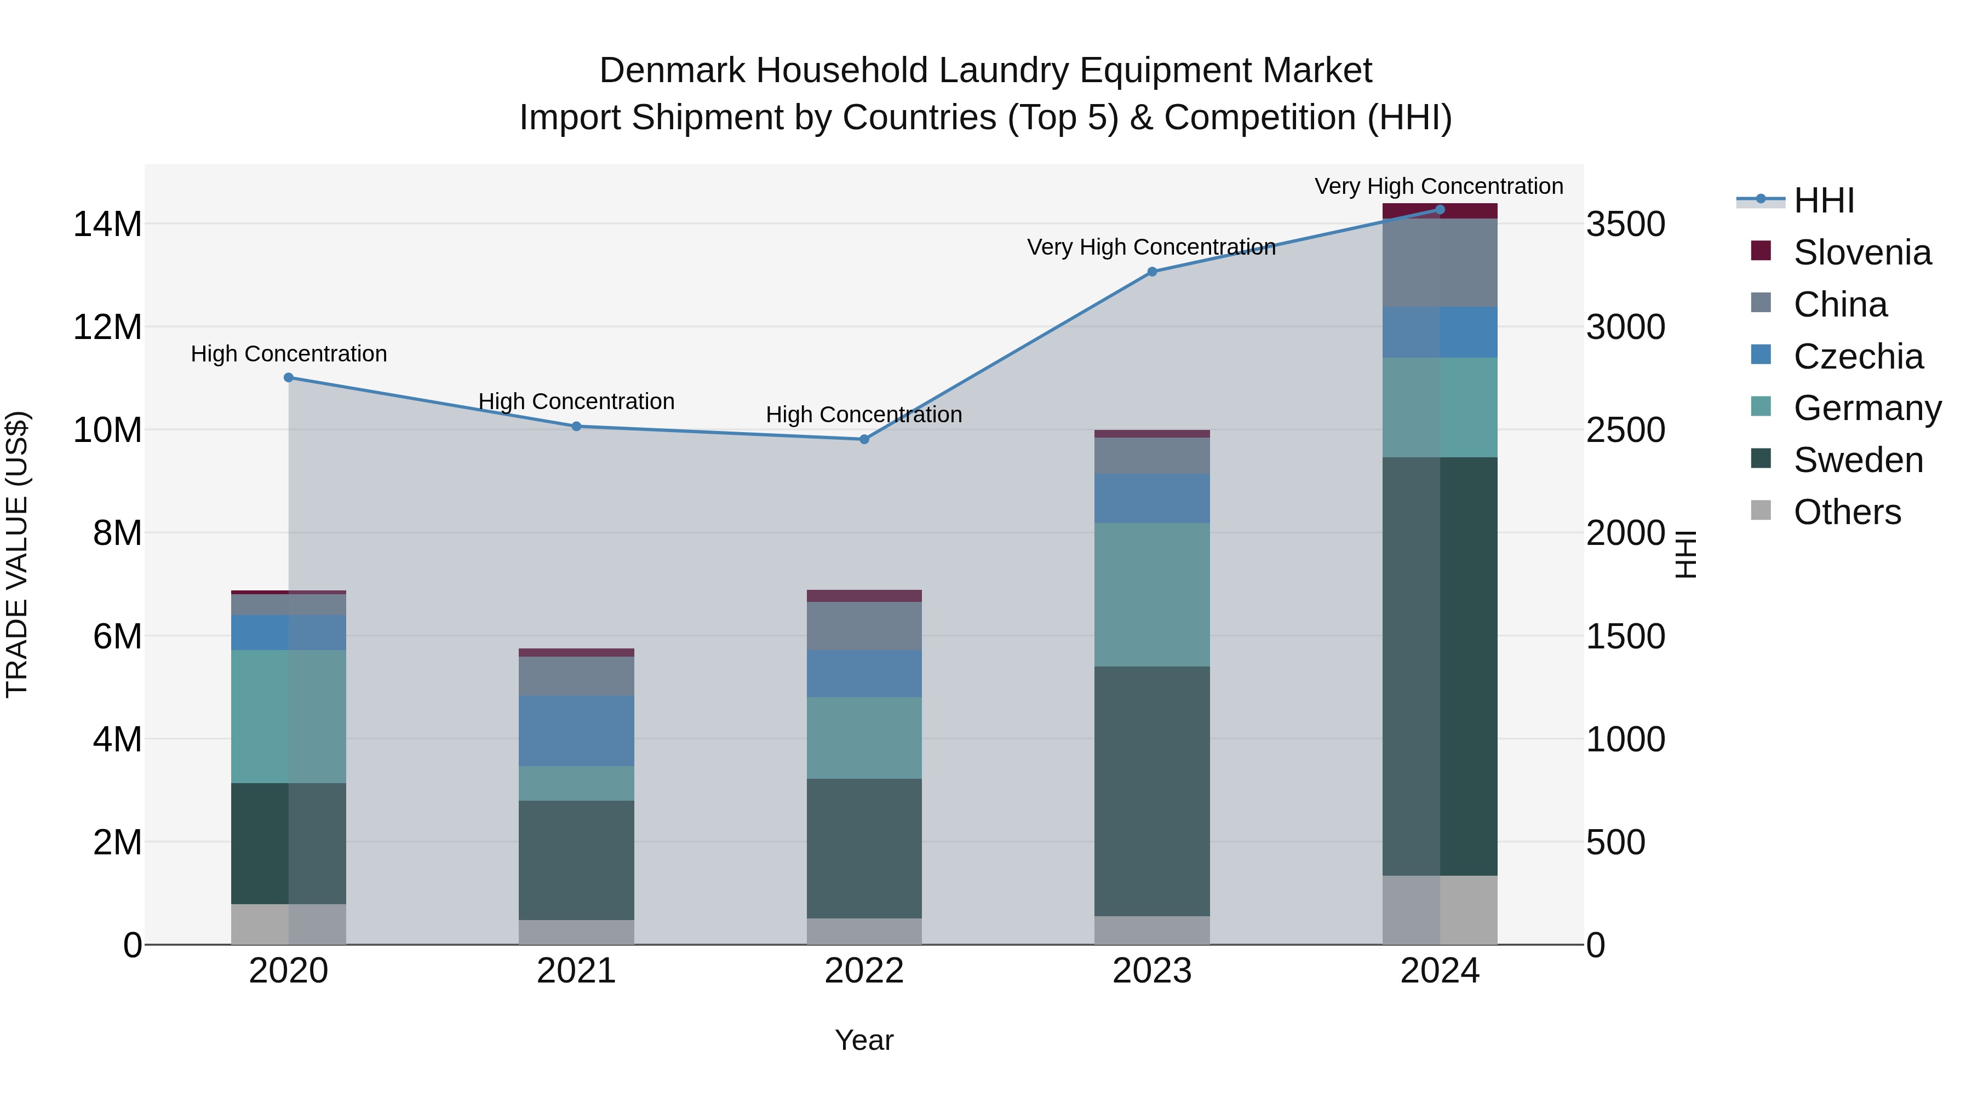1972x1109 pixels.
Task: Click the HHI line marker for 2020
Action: [289, 377]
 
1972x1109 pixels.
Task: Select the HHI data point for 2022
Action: [864, 439]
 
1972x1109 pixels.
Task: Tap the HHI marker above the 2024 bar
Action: [1440, 210]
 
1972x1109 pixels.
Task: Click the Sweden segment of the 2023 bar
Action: [1152, 791]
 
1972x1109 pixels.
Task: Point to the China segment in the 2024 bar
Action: [1440, 262]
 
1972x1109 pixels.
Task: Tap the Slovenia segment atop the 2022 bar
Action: [864, 595]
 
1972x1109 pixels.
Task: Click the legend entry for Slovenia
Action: [1862, 252]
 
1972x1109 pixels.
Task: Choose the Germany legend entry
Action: [1866, 408]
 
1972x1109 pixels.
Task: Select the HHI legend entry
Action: [1824, 200]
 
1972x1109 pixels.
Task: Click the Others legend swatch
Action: [1761, 510]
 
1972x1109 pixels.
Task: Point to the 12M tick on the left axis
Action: [107, 327]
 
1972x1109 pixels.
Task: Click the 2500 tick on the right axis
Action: [1625, 430]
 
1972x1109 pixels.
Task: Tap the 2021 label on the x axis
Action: [576, 971]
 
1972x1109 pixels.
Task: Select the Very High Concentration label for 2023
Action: [1151, 247]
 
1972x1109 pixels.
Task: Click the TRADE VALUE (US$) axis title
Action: [17, 554]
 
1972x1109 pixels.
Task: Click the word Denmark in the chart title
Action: [672, 71]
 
